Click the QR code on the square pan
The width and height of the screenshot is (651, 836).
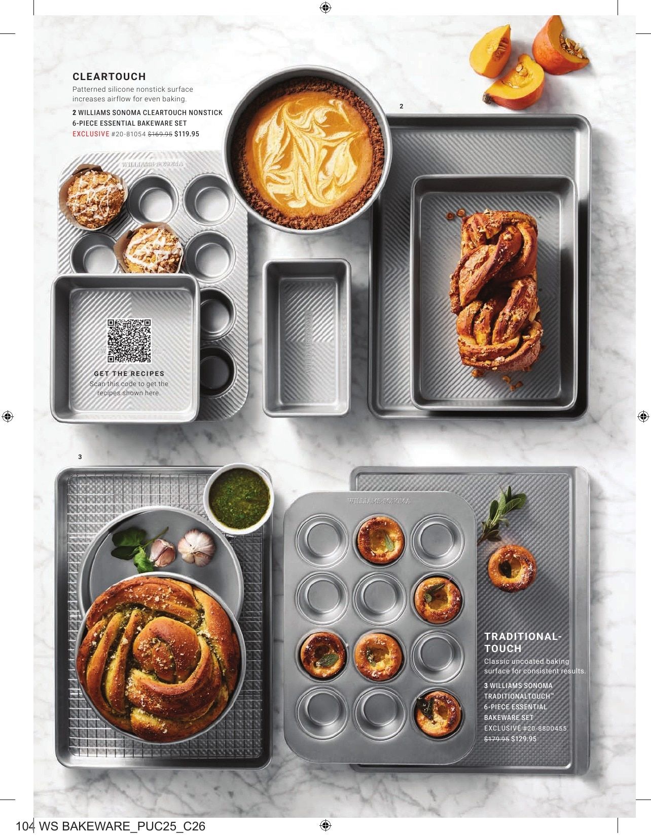(129, 340)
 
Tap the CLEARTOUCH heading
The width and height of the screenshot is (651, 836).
(110, 77)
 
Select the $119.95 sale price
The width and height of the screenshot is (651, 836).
(187, 134)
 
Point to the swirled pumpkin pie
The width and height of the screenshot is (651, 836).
(305, 149)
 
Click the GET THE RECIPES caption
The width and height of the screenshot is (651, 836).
(129, 373)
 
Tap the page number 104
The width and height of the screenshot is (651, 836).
(25, 826)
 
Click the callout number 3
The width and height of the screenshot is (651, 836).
(80, 457)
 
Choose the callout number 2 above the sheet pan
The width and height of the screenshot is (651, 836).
(401, 106)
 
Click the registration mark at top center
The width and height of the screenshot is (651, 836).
(325, 7)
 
